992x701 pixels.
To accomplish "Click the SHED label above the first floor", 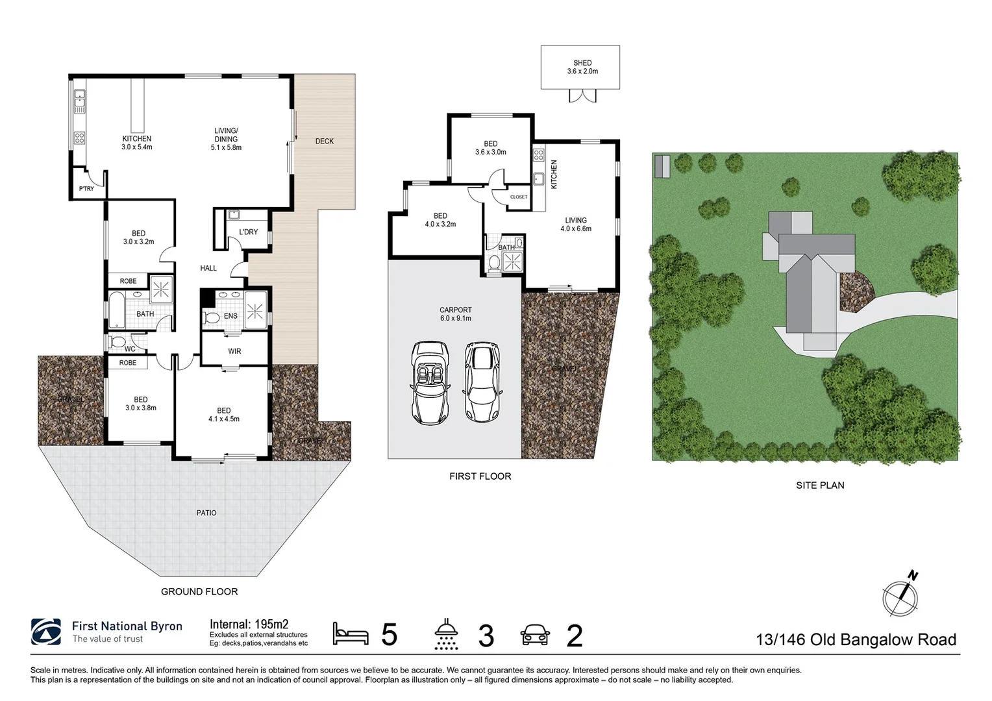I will click(582, 63).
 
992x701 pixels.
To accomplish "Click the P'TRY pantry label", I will click(86, 189).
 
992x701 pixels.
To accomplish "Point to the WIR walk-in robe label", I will click(234, 351).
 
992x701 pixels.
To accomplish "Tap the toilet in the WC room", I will click(119, 341).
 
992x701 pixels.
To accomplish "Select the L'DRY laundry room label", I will click(248, 232).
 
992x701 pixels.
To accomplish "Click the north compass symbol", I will click(900, 594).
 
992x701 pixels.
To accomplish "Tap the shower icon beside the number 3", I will click(447, 634).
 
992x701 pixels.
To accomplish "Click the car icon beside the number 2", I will click(535, 635).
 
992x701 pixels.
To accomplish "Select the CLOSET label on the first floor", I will click(519, 197).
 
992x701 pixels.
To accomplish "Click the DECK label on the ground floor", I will click(324, 141).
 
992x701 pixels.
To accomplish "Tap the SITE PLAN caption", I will click(820, 485).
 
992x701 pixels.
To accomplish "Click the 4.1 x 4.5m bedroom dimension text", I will click(224, 419).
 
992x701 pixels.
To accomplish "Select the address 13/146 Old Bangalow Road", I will click(856, 639).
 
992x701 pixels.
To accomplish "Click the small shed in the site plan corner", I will click(662, 166).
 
